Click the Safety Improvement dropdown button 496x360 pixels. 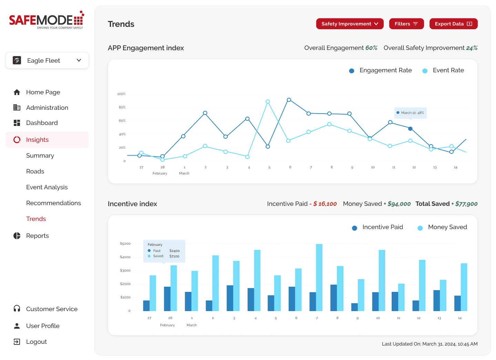point(350,24)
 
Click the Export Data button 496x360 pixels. point(453,24)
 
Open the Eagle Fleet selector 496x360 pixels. point(47,61)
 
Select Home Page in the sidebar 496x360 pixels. point(43,92)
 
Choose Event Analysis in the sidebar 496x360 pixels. point(47,187)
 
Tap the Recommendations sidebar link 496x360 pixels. point(53,203)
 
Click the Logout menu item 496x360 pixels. point(36,342)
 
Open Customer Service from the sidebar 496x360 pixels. point(52,309)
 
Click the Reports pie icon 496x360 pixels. point(17,236)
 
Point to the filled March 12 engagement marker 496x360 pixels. point(410,129)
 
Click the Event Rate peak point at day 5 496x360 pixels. point(268,102)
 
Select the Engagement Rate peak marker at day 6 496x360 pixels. point(289,100)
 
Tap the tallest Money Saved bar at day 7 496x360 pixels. point(319,277)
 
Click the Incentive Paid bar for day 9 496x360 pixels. point(354,307)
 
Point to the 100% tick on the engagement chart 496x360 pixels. point(121,94)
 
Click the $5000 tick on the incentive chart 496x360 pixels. point(125,244)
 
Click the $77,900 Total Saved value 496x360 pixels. point(466,204)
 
